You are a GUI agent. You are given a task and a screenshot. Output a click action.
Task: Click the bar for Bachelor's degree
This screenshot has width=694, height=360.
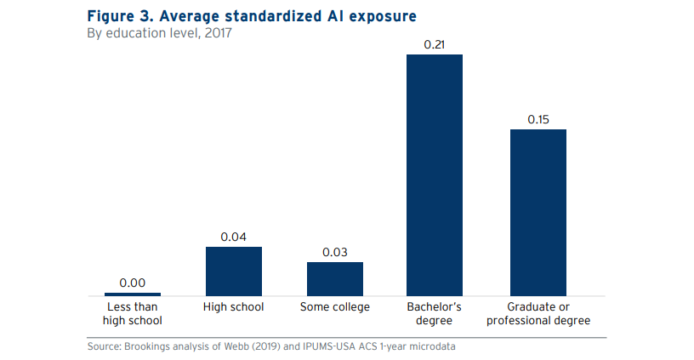(x=435, y=174)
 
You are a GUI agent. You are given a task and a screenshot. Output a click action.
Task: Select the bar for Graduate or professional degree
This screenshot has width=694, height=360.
(x=538, y=212)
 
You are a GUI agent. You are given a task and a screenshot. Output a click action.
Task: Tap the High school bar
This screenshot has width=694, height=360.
(x=234, y=271)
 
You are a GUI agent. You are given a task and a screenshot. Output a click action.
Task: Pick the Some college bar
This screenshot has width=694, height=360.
(x=335, y=278)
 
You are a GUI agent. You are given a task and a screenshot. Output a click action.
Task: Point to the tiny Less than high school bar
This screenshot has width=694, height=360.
(x=133, y=294)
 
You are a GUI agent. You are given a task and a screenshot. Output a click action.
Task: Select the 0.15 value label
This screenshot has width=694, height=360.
(x=538, y=119)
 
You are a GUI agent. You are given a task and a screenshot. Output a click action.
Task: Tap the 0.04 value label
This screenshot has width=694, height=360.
(x=234, y=237)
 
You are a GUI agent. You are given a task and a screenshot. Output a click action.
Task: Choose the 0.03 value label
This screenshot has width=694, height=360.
(x=335, y=252)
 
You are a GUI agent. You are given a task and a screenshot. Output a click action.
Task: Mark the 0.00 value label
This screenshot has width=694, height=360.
(x=133, y=282)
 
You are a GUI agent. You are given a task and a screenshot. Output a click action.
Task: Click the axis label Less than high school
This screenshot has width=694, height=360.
(x=133, y=314)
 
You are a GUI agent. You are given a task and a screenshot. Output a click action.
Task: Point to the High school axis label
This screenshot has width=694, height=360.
(x=234, y=307)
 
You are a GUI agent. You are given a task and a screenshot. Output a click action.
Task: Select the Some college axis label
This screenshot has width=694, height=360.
(x=335, y=307)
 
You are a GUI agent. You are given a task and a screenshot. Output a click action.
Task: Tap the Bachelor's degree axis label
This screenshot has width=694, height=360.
(x=435, y=314)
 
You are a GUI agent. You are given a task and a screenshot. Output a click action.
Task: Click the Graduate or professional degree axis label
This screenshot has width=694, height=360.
(x=538, y=314)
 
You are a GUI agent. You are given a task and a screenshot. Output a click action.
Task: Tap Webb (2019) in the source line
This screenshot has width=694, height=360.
(x=230, y=346)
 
